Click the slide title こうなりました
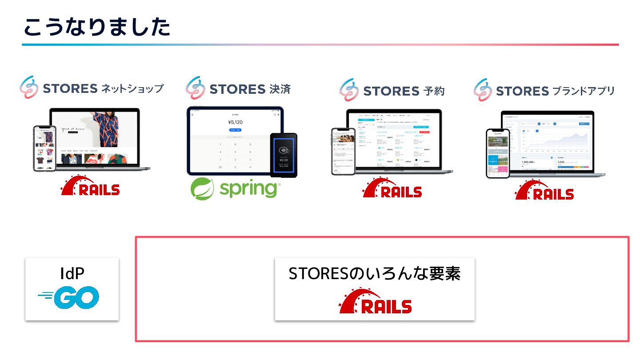pyautogui.click(x=96, y=28)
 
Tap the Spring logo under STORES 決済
pyautogui.click(x=234, y=189)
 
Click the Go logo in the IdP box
pyautogui.click(x=69, y=297)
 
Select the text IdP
pyautogui.click(x=72, y=273)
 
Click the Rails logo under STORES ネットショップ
pyautogui.click(x=91, y=186)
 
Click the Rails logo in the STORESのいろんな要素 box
pyautogui.click(x=376, y=302)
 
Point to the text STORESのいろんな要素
pyautogui.click(x=374, y=274)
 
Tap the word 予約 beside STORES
pyautogui.click(x=433, y=91)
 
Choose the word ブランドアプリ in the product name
pyautogui.click(x=584, y=91)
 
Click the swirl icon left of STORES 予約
pyautogui.click(x=349, y=90)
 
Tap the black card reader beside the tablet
pyautogui.click(x=283, y=155)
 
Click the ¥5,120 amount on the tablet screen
pyautogui.click(x=235, y=122)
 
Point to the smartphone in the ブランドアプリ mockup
pyautogui.click(x=497, y=153)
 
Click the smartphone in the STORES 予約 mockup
pyautogui.click(x=343, y=151)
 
